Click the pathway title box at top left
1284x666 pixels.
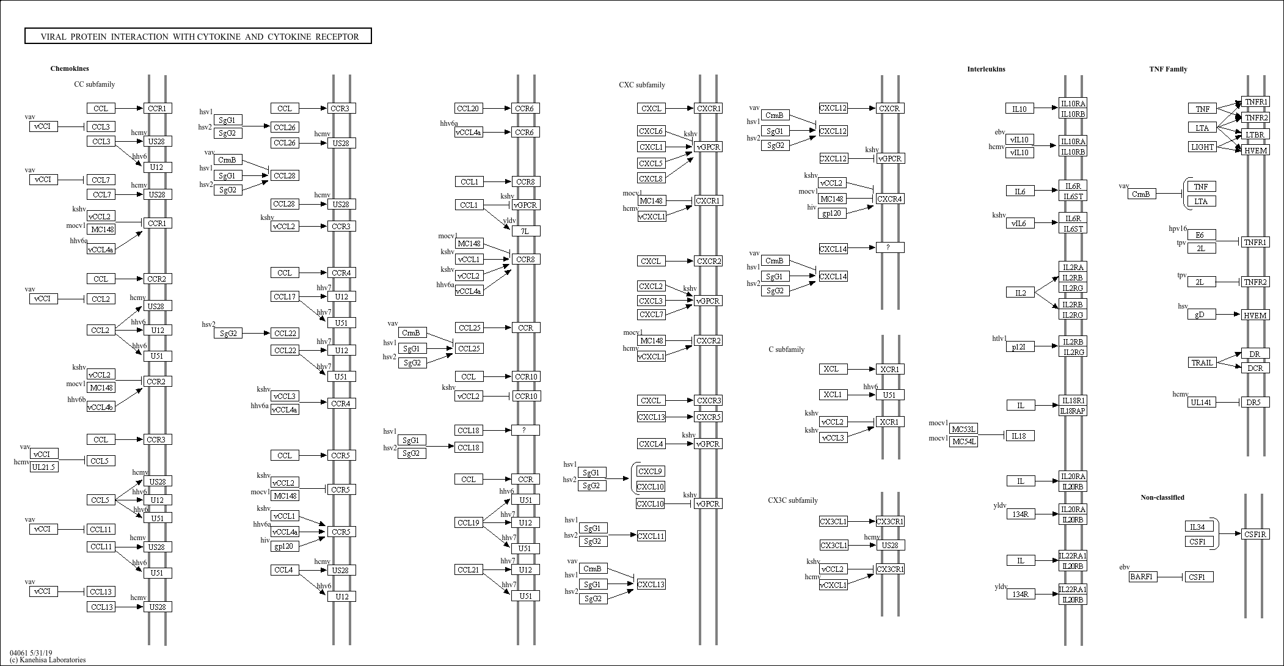point(198,36)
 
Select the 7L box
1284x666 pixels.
point(525,231)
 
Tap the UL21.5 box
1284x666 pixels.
point(44,467)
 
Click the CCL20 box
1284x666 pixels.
point(469,108)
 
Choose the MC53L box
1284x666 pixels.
point(963,429)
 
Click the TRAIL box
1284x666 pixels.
point(1202,362)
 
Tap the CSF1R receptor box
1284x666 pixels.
point(1255,534)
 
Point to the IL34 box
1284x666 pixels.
point(1198,527)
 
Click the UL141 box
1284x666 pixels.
point(1202,402)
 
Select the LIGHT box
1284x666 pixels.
point(1202,147)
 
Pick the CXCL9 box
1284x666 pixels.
point(651,471)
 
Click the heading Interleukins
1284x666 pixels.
point(986,69)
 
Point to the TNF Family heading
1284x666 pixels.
point(1168,69)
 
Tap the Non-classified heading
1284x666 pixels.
point(1162,497)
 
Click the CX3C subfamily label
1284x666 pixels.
point(792,500)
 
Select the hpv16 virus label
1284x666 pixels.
point(1178,229)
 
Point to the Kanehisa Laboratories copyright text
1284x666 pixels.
point(48,660)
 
